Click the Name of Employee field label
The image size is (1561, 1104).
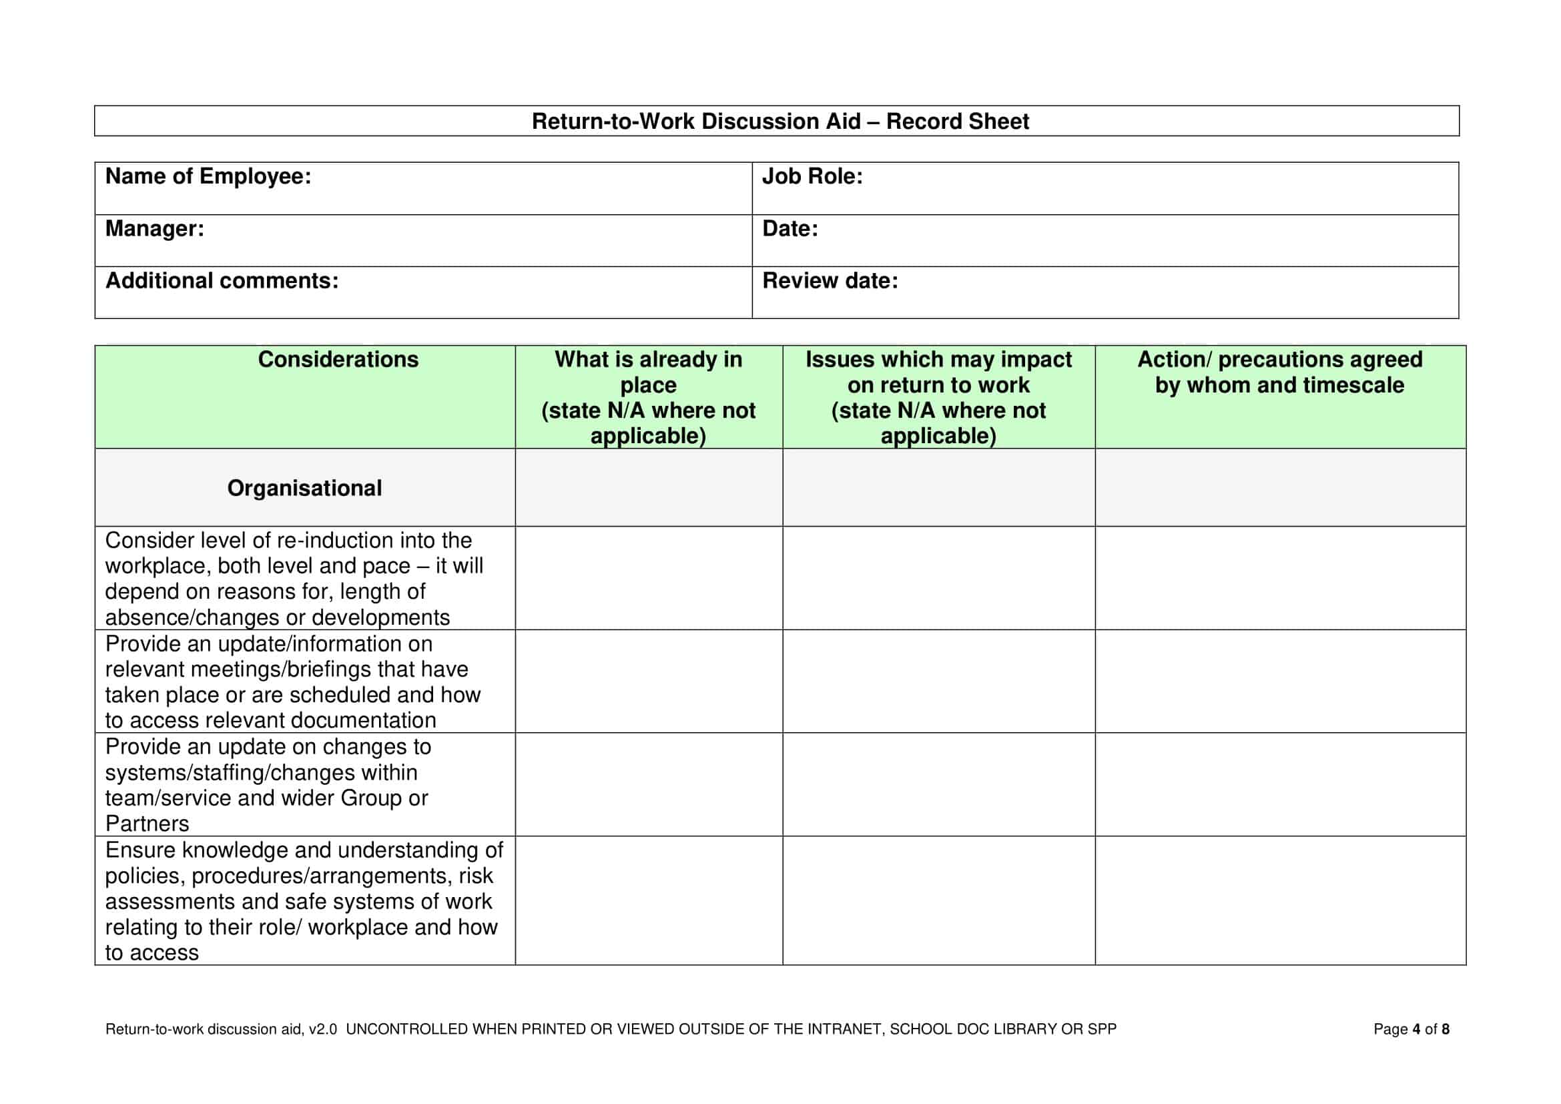pos(208,177)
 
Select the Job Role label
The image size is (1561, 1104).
pos(812,177)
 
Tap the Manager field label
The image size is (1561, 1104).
pos(154,229)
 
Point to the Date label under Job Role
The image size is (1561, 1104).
pos(790,229)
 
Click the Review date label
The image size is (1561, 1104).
pos(830,281)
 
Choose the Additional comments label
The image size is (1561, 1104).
pos(222,281)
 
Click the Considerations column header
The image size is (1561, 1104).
pos(338,360)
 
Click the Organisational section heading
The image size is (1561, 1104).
pos(304,488)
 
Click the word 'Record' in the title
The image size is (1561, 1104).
pos(923,121)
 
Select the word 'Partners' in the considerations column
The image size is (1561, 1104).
pos(147,824)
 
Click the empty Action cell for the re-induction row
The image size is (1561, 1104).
pos(1279,578)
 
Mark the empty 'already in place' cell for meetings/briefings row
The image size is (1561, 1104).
pos(648,681)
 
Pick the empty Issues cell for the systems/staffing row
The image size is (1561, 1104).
pos(938,784)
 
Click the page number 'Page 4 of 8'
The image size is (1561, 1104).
pos(1411,1029)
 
